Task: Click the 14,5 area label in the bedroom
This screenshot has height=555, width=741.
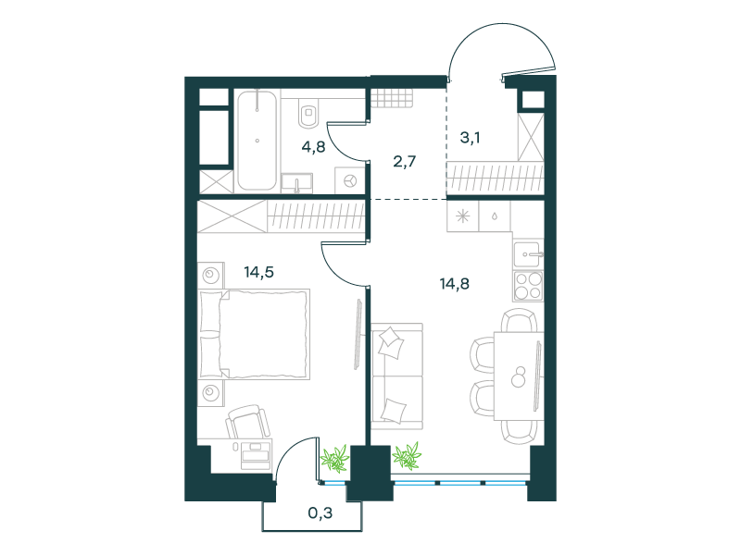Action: pyautogui.click(x=259, y=272)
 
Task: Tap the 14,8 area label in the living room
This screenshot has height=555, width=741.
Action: pyautogui.click(x=454, y=284)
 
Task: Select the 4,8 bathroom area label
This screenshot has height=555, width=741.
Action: pyautogui.click(x=313, y=147)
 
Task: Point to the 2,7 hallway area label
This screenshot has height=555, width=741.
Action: pyautogui.click(x=405, y=162)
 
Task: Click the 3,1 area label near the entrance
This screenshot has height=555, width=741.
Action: pyautogui.click(x=471, y=138)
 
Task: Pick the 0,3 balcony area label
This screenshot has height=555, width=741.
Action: pyautogui.click(x=320, y=512)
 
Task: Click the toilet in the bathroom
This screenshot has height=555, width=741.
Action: pyautogui.click(x=308, y=114)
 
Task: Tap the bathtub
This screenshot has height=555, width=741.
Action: pyautogui.click(x=257, y=141)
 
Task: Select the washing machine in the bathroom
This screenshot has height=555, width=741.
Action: pyautogui.click(x=350, y=180)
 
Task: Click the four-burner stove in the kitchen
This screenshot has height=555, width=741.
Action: pyautogui.click(x=528, y=286)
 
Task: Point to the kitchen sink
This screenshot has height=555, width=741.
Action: pyautogui.click(x=529, y=255)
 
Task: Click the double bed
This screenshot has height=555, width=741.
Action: pyautogui.click(x=255, y=335)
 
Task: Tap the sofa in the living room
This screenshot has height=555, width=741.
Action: pyautogui.click(x=397, y=376)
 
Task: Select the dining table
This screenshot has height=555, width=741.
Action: pyautogui.click(x=519, y=376)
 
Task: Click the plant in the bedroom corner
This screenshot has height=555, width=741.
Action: pyautogui.click(x=334, y=458)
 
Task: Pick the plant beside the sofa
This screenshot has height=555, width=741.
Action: pyautogui.click(x=407, y=456)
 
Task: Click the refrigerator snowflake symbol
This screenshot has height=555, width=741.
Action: pyautogui.click(x=462, y=216)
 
